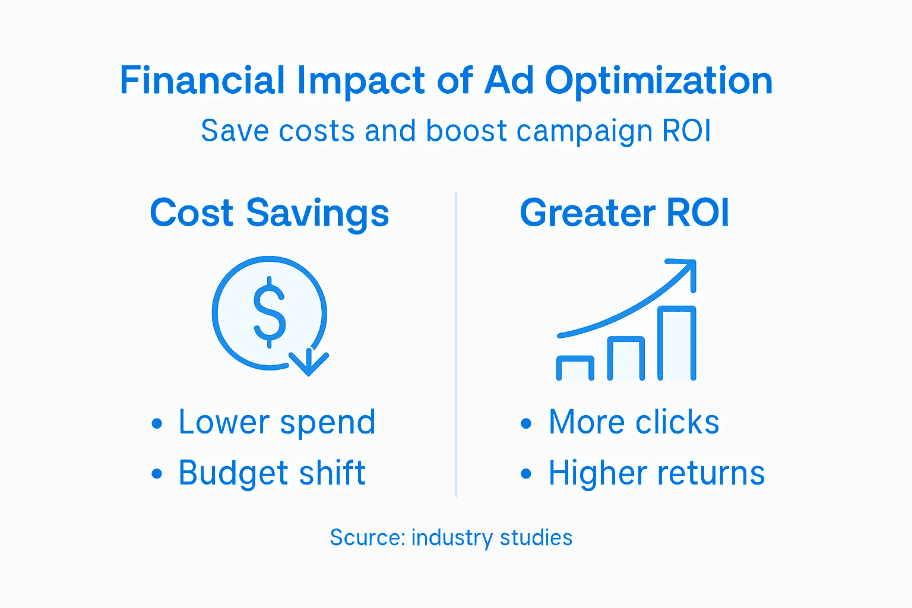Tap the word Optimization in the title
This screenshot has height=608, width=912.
coord(658,81)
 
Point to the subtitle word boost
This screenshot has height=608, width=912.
coord(467,131)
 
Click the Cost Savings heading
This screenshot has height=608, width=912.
coord(270,213)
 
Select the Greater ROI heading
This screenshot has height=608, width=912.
coord(624,213)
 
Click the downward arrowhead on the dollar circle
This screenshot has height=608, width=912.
coord(309,363)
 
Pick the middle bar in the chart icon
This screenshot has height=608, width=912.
coord(626,359)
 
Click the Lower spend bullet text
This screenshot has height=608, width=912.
coord(277,422)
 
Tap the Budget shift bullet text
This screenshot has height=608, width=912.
coord(272,473)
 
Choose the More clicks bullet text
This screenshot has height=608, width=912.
coord(634,422)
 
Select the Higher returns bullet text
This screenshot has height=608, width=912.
coord(657,473)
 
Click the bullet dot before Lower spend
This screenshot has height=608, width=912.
coord(157,423)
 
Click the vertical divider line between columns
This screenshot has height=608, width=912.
coord(456,344)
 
